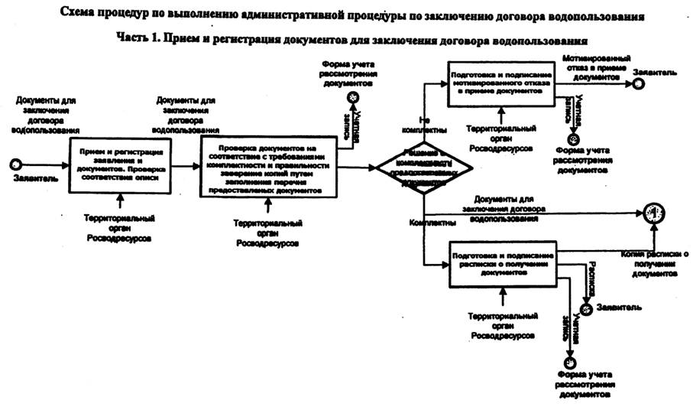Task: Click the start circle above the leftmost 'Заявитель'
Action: pyautogui.click(x=15, y=164)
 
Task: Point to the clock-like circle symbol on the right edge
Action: pyautogui.click(x=653, y=213)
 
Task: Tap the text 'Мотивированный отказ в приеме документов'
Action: pyautogui.click(x=597, y=67)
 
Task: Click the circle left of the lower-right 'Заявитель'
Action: pyautogui.click(x=586, y=309)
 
